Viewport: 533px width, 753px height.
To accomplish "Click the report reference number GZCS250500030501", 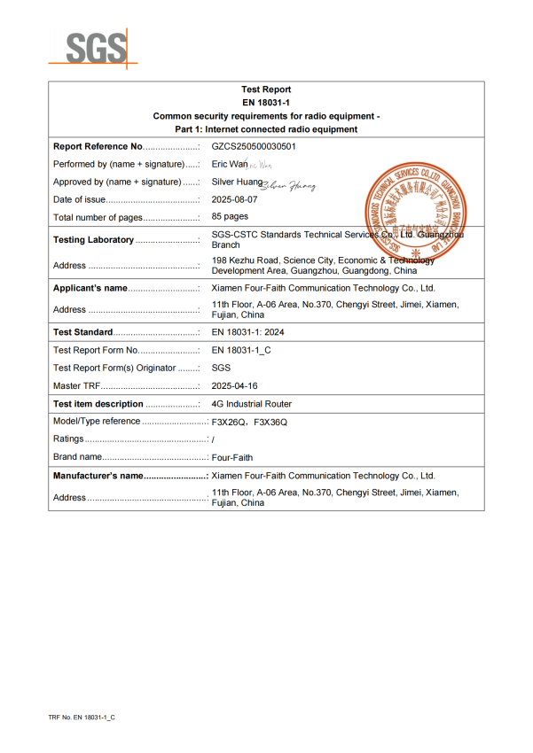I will (254, 146).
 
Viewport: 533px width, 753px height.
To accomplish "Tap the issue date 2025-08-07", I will (234, 199).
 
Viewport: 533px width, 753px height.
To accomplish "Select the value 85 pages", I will (230, 217).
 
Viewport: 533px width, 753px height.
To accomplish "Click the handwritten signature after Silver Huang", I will (288, 183).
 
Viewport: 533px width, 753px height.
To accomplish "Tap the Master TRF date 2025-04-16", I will (234, 386).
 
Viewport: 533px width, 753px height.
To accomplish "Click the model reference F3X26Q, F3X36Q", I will (249, 422).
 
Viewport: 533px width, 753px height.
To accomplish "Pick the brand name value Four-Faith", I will (232, 457).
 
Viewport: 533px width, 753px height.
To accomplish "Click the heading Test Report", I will (266, 89).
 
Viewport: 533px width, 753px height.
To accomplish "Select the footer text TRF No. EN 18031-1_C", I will (82, 717).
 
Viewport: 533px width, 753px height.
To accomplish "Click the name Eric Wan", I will (229, 164).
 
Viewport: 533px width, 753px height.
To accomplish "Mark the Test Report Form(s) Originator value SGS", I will (221, 368).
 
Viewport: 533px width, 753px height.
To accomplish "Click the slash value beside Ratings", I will (214, 439).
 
